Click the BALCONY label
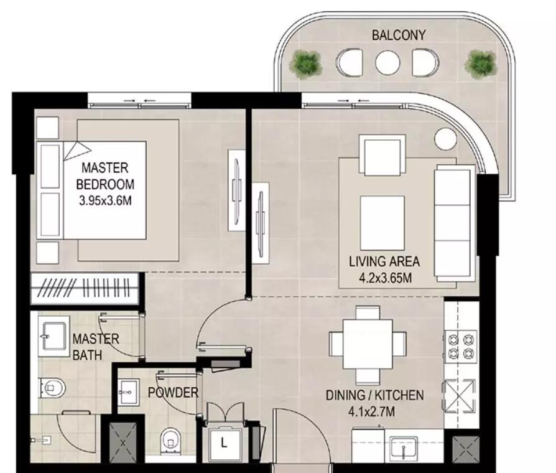point(399,35)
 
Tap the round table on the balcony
point(387,63)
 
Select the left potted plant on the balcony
point(305,64)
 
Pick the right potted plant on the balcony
point(481,64)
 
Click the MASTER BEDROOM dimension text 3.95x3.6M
point(105,201)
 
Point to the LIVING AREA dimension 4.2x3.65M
point(385,278)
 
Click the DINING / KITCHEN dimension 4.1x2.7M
point(371,411)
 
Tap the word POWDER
point(173,393)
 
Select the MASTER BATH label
point(96,347)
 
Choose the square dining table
point(368,344)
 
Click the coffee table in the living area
point(382,223)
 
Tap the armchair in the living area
point(382,155)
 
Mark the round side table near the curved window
point(445,139)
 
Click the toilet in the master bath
point(52,388)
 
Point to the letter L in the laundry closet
point(224,443)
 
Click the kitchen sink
point(404,448)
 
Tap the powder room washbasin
point(127,392)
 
